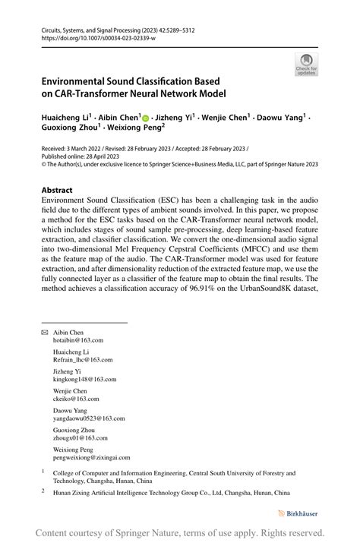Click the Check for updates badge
(306, 64)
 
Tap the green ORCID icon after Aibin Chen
(145, 118)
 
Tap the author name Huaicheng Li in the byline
(66, 118)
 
